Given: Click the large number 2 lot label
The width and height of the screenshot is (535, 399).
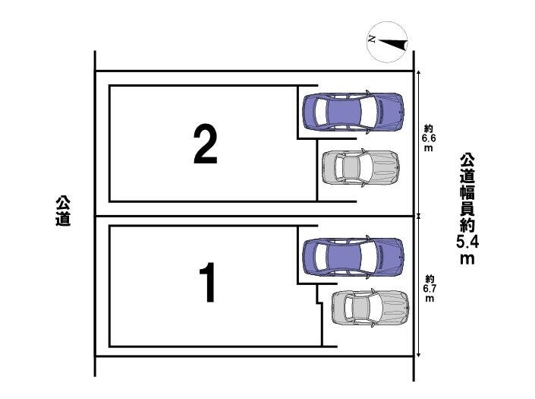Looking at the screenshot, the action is [206, 144].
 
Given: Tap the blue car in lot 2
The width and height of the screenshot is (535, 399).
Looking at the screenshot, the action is [353, 112].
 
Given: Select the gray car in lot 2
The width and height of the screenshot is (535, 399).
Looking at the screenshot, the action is [360, 167].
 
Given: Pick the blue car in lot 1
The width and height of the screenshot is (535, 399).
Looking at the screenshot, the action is [353, 256].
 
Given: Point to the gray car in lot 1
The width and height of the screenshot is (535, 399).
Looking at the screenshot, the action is [370, 308].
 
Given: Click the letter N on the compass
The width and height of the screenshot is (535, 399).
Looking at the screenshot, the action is [372, 39].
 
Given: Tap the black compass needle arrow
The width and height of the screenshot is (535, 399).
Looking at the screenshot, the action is [393, 44].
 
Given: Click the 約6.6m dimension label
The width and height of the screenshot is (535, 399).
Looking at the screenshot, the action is [429, 138].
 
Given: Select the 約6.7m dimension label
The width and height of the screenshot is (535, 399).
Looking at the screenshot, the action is [430, 288].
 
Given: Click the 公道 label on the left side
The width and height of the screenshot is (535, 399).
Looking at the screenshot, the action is [63, 211].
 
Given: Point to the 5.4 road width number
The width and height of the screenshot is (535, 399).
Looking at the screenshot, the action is [467, 242].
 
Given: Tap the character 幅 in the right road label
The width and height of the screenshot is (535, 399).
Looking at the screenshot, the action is [467, 193].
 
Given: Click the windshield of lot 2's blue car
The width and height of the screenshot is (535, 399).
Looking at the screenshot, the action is [370, 112].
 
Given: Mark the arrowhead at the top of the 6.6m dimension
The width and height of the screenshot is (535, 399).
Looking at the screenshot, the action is [419, 72].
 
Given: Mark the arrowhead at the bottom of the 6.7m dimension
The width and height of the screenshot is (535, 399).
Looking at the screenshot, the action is [419, 354].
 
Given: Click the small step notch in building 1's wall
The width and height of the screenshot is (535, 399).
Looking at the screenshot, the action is [319, 302].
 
